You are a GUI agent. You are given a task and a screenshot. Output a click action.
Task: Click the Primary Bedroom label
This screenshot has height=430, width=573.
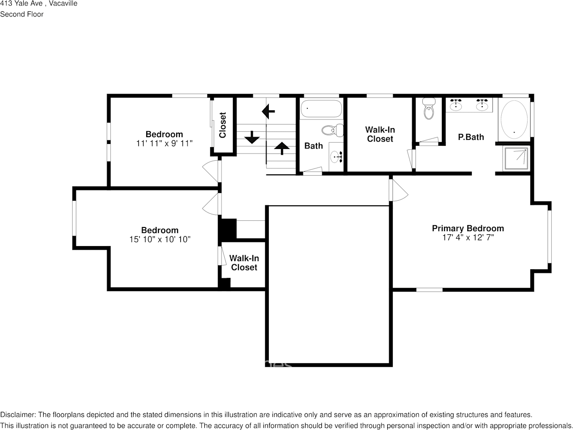coord(468,228)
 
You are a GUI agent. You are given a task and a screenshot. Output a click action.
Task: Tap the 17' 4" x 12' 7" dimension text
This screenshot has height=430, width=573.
coord(468,237)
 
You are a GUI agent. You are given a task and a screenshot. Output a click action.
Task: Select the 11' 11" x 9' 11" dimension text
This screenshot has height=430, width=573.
coord(164,143)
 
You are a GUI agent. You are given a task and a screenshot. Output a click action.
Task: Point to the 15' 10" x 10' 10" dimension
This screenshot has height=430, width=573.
coord(160,239)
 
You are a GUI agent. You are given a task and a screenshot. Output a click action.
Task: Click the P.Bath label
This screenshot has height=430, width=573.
coord(471,137)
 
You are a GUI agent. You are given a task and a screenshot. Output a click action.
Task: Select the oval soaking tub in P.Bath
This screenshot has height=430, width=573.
coord(514,119)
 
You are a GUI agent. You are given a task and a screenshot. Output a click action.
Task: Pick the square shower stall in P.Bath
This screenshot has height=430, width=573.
coord(516,158)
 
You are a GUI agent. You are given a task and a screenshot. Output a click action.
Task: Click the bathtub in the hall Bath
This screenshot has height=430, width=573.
coord(321,109)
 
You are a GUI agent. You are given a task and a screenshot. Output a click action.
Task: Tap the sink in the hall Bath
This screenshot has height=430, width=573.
coord(336,157)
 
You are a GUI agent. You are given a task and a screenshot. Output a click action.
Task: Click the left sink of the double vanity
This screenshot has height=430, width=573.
coord(456,105)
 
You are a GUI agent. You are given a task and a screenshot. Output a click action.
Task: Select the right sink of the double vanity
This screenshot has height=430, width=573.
coord(482,105)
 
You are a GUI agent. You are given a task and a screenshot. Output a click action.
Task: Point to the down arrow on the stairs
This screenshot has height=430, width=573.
coord(252,137)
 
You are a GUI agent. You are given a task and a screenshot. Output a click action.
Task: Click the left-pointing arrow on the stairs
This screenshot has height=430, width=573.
coord(268,112)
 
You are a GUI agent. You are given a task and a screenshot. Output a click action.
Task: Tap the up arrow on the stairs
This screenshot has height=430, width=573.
coord(282,148)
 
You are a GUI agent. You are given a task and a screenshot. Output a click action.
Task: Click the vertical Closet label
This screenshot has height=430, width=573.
coord(222,125)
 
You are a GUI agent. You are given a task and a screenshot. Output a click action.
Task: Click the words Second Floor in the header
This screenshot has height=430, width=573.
coord(22,15)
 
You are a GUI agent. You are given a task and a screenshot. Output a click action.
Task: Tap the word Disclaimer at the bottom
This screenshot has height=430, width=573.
coord(17,415)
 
